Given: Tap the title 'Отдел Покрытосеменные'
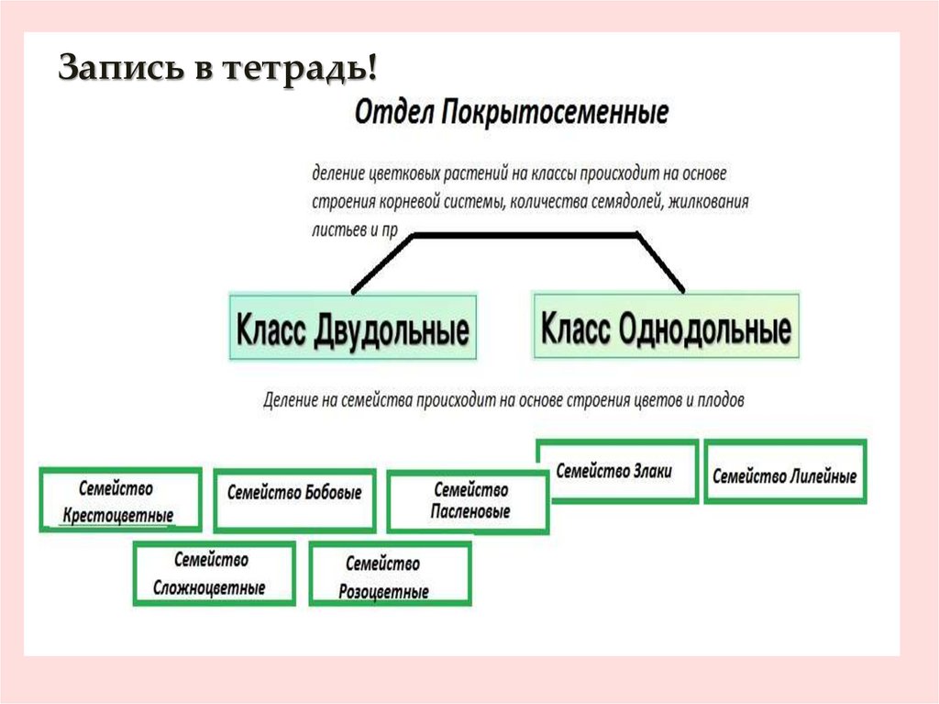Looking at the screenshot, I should click(511, 115).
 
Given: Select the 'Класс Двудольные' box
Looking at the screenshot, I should click(353, 328).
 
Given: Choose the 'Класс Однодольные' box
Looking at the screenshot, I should click(666, 327).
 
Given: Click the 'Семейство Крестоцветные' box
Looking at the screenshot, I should click(119, 500).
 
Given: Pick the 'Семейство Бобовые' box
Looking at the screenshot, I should click(294, 500).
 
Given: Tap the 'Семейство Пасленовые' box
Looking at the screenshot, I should click(469, 501).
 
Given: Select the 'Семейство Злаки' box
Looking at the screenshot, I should click(617, 471).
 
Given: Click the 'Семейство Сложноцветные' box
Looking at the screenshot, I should click(215, 573).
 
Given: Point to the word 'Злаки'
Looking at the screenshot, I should click(652, 471).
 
